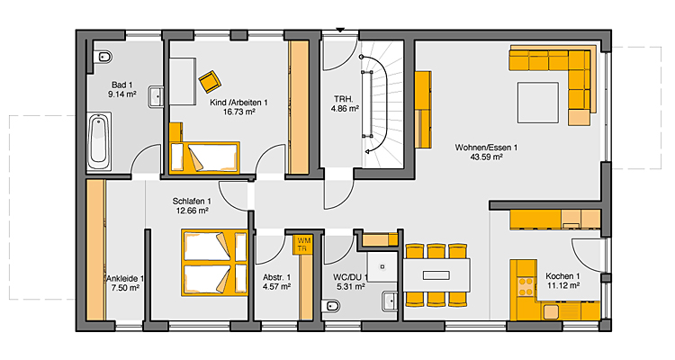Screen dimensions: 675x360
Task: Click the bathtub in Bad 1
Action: pyautogui.click(x=99, y=141)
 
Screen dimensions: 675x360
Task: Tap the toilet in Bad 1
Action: pyautogui.click(x=103, y=57)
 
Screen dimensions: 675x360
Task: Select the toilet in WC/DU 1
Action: pyautogui.click(x=330, y=306)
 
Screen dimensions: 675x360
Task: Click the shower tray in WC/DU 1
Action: pyautogui.click(x=382, y=267)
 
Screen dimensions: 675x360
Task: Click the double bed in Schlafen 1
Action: pyautogui.click(x=214, y=263)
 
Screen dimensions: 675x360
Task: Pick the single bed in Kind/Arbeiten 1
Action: pyautogui.click(x=204, y=157)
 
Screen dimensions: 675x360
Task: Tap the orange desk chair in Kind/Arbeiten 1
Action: pyautogui.click(x=210, y=81)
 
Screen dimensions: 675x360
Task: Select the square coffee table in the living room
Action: pyautogui.click(x=538, y=103)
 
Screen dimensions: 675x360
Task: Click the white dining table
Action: pyautogui.click(x=436, y=275)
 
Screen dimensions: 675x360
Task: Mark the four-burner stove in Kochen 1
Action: pyautogui.click(x=526, y=287)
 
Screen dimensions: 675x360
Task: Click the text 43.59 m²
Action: pyautogui.click(x=486, y=157)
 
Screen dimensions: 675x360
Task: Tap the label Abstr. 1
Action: pyautogui.click(x=277, y=277)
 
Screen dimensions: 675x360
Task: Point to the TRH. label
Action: pyautogui.click(x=345, y=100)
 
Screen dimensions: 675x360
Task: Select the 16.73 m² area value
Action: pyautogui.click(x=239, y=112)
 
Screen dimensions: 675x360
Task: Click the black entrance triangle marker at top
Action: pyautogui.click(x=340, y=30)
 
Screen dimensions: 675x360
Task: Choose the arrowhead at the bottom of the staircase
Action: pyautogui.click(x=367, y=151)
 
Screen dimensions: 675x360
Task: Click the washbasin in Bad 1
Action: pyautogui.click(x=156, y=97)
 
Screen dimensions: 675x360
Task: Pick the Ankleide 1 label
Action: pyautogui.click(x=125, y=279)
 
